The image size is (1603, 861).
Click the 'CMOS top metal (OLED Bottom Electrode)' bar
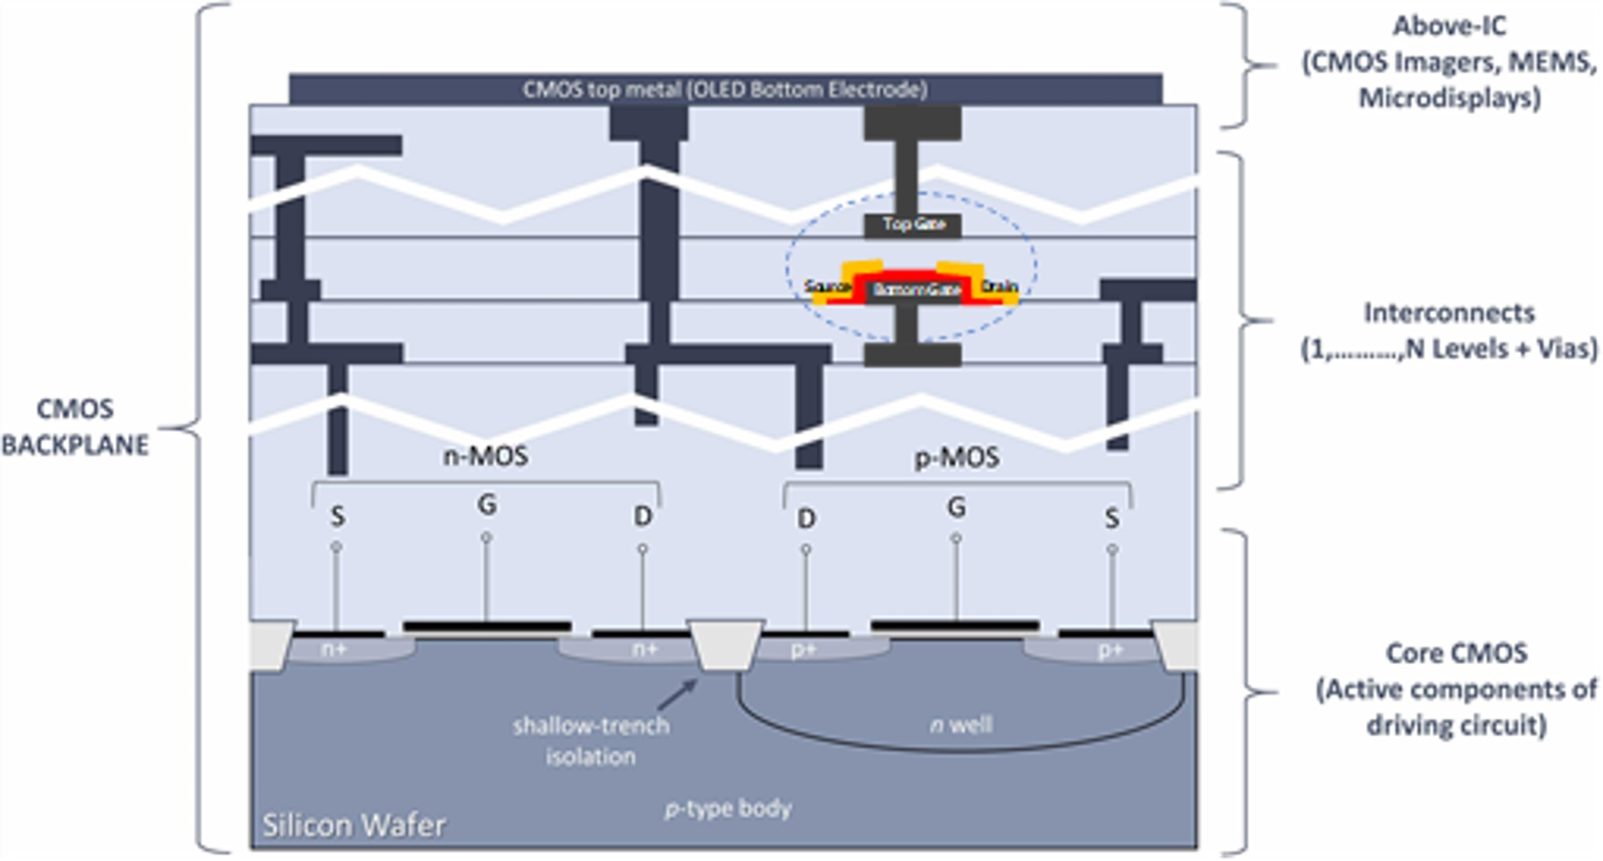725,90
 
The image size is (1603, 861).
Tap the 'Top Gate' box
913,224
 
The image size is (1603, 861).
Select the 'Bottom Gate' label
916,290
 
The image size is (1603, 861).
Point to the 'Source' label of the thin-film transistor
827,287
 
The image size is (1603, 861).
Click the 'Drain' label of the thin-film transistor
1000,286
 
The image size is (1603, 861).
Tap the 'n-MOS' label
486,457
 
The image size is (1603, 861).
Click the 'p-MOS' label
957,458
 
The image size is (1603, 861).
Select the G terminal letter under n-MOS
487,505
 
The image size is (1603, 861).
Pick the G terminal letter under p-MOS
956,507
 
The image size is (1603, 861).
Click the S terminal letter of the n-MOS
337,517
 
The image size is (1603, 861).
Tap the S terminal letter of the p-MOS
1112,519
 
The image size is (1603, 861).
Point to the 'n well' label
961,725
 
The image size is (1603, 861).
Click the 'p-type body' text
728,809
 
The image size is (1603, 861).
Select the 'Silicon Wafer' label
354,825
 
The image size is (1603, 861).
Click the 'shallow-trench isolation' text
591,741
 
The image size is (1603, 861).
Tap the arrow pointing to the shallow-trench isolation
677,694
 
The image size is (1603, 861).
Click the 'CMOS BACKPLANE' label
75,427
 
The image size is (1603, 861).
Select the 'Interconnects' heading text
1449,313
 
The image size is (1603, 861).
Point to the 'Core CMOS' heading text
1457,653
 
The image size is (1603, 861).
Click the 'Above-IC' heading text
1449,26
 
